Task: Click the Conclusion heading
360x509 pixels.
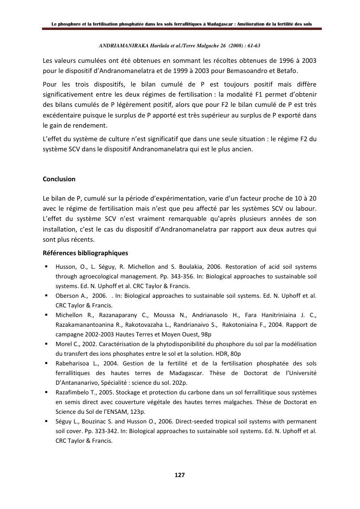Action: click(x=59, y=179)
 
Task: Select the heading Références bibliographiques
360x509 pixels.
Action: click(x=85, y=253)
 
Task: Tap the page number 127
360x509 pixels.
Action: click(x=180, y=475)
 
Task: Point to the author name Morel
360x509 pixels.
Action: click(x=64, y=344)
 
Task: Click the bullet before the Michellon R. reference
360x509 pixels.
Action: click(x=45, y=315)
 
